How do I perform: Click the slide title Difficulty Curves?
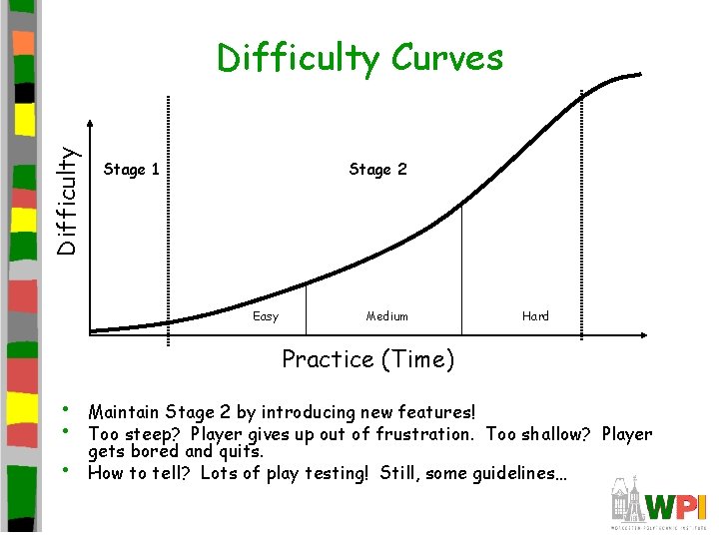(359, 59)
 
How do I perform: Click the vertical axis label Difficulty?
(67, 201)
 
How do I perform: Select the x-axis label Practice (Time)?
(367, 359)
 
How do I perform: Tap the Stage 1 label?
(132, 170)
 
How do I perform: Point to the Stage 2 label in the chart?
(377, 170)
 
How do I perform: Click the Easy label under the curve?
(266, 316)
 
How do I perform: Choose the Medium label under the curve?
(386, 316)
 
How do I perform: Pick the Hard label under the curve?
(535, 316)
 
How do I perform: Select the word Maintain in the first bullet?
(123, 412)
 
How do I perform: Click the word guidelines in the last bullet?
(519, 474)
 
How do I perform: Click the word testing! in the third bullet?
(331, 474)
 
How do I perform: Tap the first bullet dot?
(65, 409)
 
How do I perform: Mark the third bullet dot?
(65, 470)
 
